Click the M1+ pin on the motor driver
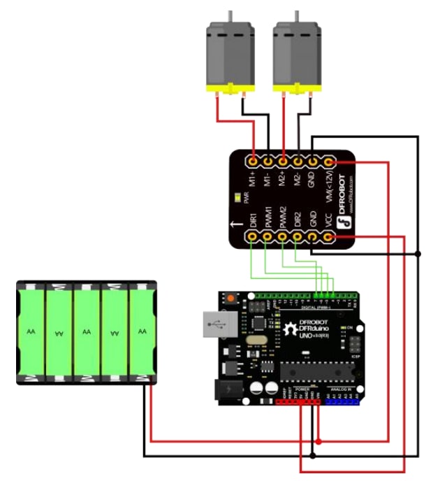tap(253, 161)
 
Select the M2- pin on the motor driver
tap(298, 161)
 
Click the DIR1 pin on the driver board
tap(253, 238)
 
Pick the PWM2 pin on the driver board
tap(283, 238)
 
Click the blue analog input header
tap(342, 401)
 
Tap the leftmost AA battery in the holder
tap(31, 331)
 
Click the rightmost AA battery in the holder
tap(142, 331)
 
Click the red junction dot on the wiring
tap(318, 442)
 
